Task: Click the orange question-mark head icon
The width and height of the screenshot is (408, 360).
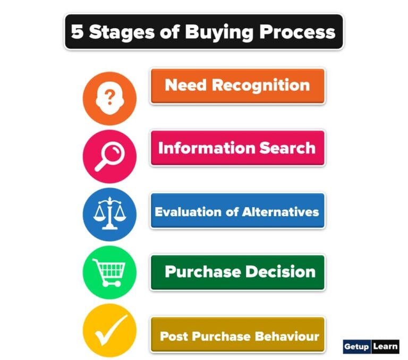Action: (x=109, y=98)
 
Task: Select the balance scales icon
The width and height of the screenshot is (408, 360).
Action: (x=109, y=213)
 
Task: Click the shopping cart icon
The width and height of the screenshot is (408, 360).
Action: (x=109, y=272)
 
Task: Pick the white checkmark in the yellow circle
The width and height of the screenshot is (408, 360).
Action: (x=109, y=330)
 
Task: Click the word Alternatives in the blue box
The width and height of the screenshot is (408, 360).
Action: (x=280, y=212)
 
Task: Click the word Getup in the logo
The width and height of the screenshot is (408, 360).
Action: (x=356, y=347)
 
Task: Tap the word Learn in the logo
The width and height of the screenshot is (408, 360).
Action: (x=385, y=347)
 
